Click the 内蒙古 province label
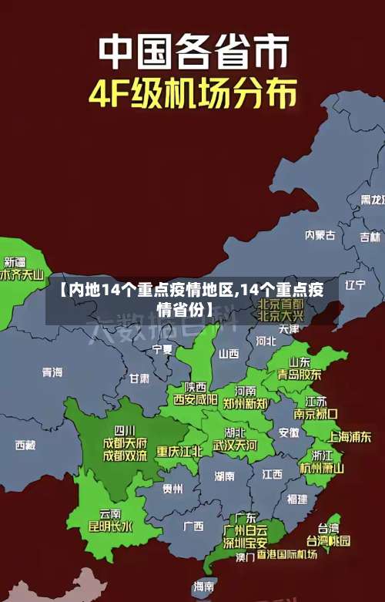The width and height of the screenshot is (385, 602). pos(320,214)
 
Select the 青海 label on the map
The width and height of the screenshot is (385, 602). pos(52,372)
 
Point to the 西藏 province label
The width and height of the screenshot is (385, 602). pos(25,445)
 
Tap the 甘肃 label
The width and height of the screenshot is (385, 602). pos(139,378)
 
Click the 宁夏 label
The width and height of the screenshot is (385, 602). pos(162,348)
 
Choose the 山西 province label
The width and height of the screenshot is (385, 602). pos(229,354)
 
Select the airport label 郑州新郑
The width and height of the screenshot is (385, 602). pos(245,402)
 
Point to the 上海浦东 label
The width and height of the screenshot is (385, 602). pos(350,436)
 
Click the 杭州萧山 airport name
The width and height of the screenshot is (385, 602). pos(322,467)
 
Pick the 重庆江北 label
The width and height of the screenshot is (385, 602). pos(179,451)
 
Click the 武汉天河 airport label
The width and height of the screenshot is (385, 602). pos(235,445)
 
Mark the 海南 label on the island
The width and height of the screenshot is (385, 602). pos(204,587)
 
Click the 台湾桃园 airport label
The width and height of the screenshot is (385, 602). pos(329,540)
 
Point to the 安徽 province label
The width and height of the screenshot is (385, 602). pos(289,432)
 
